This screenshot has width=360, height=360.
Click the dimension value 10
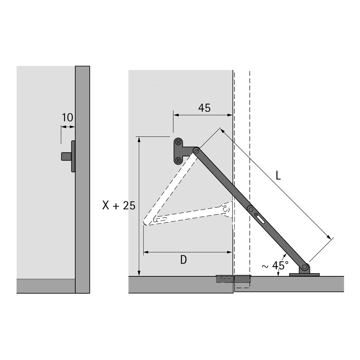[x=67, y=118]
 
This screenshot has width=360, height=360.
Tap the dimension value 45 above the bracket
[x=204, y=108]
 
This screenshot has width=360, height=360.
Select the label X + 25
[x=119, y=205]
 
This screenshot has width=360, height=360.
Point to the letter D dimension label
[x=183, y=260]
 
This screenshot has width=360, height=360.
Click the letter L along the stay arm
[x=278, y=176]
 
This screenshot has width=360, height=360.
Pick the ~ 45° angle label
[x=275, y=265]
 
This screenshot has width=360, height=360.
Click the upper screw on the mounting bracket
[x=178, y=143]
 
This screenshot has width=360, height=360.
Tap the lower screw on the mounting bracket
[x=178, y=160]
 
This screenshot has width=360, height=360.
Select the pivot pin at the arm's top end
[x=196, y=151]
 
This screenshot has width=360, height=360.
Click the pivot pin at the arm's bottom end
[x=305, y=267]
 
